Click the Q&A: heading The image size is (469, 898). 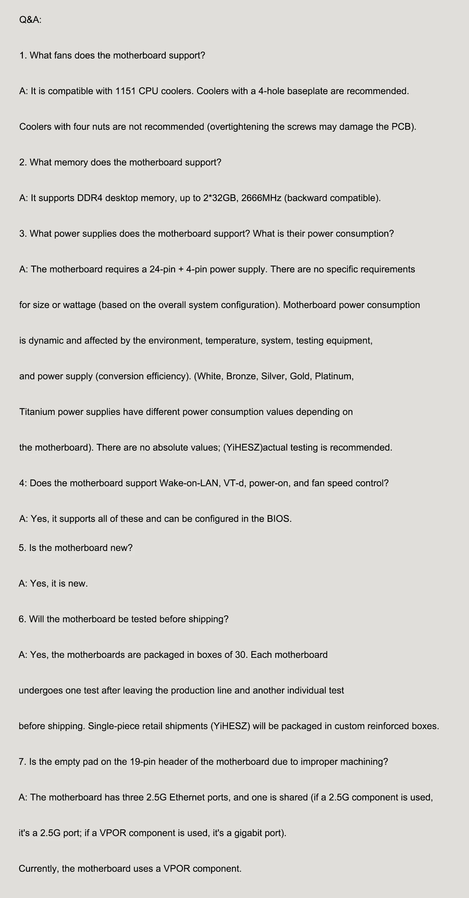pyautogui.click(x=30, y=20)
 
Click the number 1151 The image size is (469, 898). pyautogui.click(x=125, y=91)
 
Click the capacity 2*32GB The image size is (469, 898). pyautogui.click(x=220, y=198)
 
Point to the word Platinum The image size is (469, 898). pyautogui.click(x=334, y=376)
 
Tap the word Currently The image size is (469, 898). pyautogui.click(x=39, y=869)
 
